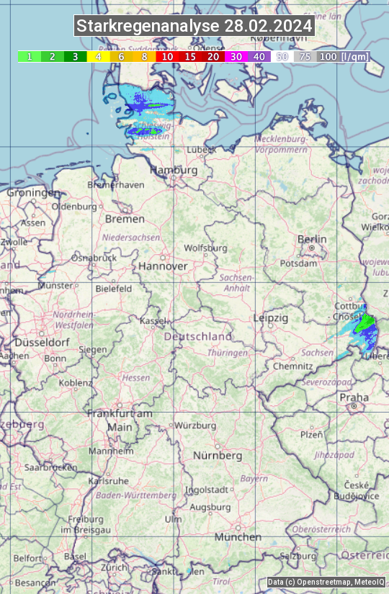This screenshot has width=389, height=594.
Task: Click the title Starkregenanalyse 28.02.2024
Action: (x=194, y=27)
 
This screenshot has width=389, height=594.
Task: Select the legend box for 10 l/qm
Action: (x=167, y=56)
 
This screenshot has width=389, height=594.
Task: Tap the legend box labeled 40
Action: (x=259, y=56)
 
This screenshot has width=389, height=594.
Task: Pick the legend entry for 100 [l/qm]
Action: (x=342, y=56)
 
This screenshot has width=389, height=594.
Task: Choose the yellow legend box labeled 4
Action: (x=98, y=56)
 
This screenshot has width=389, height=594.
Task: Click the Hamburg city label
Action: (x=174, y=171)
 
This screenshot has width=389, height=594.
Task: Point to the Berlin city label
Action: (x=312, y=240)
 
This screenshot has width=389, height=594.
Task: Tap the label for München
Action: (x=238, y=537)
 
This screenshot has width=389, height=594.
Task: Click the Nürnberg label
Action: (x=218, y=456)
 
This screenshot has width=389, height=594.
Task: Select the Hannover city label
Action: (x=163, y=266)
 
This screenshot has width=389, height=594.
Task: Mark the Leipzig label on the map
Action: (x=271, y=318)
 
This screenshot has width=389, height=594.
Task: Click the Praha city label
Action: (x=354, y=397)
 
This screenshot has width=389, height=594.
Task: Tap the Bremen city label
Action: (x=125, y=219)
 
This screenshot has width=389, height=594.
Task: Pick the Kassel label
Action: (x=153, y=320)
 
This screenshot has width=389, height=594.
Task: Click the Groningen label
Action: (x=33, y=193)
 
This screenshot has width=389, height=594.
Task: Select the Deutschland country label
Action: (x=198, y=336)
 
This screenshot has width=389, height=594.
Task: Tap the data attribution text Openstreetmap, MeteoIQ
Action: (x=326, y=582)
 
